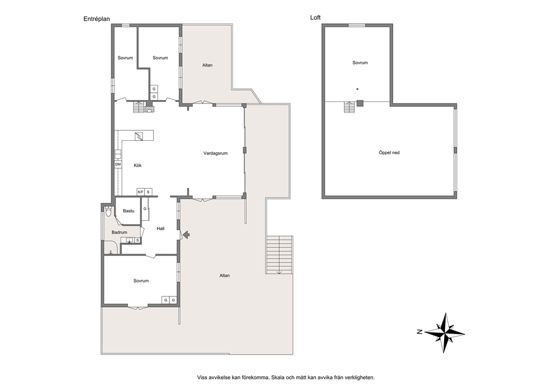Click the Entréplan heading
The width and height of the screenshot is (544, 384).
[97, 19]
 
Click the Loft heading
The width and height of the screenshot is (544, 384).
[315, 18]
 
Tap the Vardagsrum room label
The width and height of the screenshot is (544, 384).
[216, 153]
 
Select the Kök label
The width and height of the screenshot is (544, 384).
[138, 165]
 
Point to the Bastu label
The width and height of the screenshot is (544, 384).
[129, 211]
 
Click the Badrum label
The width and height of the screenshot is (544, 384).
[120, 232]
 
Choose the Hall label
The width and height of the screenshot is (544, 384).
[160, 228]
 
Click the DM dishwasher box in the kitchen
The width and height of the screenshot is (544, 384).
[118, 164]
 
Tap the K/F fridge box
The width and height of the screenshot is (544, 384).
[140, 192]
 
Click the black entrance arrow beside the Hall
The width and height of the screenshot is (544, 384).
[186, 235]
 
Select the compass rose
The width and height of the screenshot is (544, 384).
[445, 333]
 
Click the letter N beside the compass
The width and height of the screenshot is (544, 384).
[420, 332]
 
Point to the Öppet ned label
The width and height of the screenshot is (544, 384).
[389, 152]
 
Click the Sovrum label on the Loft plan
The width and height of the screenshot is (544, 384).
[360, 63]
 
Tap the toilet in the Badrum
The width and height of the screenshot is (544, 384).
[108, 211]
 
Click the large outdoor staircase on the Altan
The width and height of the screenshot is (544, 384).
[279, 255]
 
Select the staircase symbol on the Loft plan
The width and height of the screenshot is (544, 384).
[349, 107]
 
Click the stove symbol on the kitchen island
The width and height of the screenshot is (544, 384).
[139, 136]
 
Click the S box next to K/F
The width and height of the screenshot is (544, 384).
[148, 192]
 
